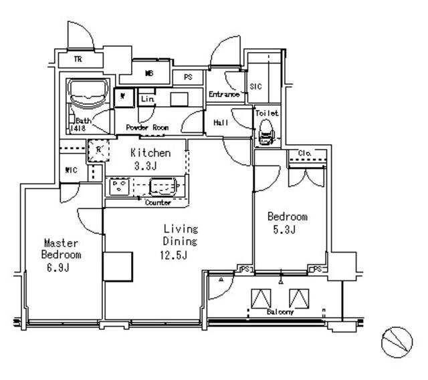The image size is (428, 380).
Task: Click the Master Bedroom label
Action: click(x=62, y=255)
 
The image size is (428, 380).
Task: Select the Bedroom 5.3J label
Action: click(x=287, y=223)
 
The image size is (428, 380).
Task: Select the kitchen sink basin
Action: click(x=163, y=185)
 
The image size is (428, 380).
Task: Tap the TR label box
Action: click(x=78, y=59)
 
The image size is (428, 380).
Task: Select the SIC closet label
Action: click(x=255, y=86)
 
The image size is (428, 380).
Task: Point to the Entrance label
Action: click(x=223, y=95)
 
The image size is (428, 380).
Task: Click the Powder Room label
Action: click(x=146, y=127)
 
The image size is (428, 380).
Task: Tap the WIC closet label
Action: click(x=71, y=170)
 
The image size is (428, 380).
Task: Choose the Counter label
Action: click(x=158, y=202)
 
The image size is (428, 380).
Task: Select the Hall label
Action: click(x=221, y=123)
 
